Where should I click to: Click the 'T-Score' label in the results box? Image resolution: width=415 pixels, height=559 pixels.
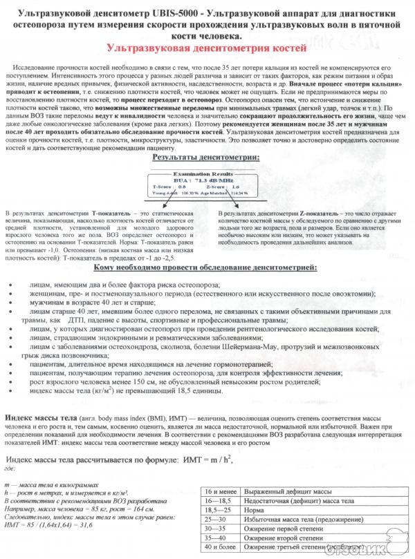click(x=160, y=186)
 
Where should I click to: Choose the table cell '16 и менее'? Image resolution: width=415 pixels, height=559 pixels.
click(x=219, y=490)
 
